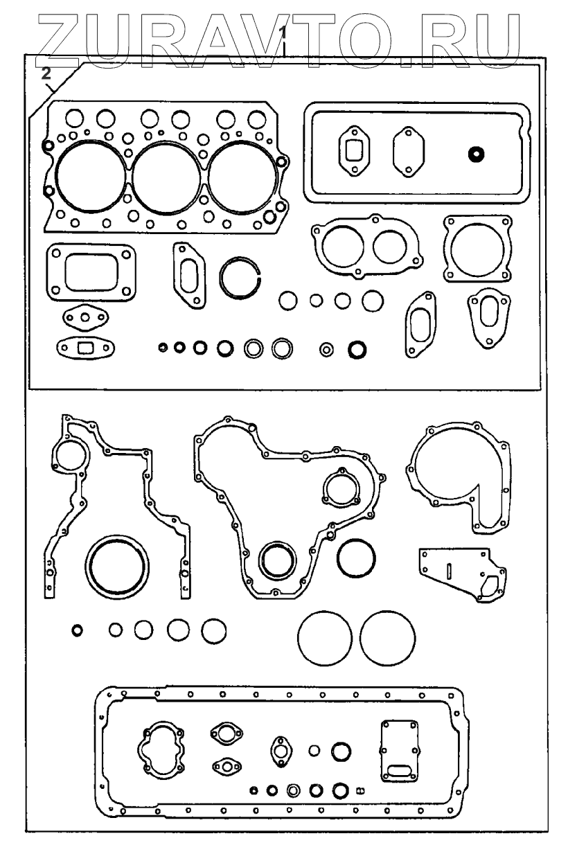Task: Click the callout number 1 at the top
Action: click(x=282, y=31)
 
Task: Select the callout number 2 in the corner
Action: click(x=46, y=73)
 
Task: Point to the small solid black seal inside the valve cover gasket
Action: click(x=476, y=154)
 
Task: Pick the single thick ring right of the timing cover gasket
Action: click(x=357, y=558)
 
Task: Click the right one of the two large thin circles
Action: click(x=387, y=637)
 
